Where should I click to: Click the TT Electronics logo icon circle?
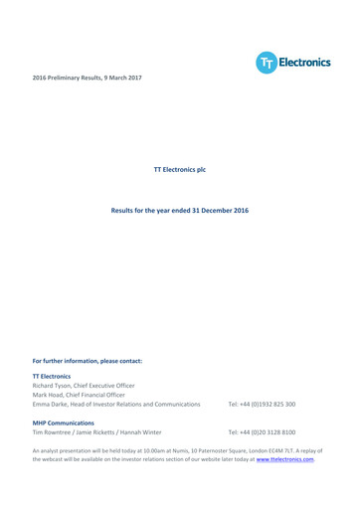pos(267,63)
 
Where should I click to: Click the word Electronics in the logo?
pos(304,63)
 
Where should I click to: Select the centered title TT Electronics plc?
pos(180,171)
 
